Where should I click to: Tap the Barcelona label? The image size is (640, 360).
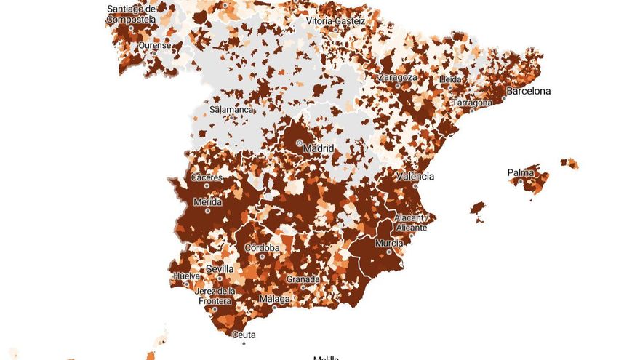(529, 92)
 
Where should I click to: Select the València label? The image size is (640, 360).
(415, 177)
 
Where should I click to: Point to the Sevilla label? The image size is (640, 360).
(220, 269)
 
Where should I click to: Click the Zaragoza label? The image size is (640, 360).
(398, 77)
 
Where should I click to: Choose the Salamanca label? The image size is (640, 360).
(231, 110)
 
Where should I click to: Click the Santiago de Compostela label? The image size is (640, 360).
(131, 15)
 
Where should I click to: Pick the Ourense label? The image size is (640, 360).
(156, 45)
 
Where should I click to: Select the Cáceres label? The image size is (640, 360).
(207, 177)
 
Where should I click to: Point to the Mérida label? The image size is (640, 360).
(207, 202)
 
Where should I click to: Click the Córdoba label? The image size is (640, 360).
(262, 248)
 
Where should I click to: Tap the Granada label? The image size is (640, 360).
(303, 279)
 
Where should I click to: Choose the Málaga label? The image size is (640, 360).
(275, 299)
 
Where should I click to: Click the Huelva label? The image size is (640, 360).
(187, 276)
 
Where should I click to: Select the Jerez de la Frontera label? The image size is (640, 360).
(216, 295)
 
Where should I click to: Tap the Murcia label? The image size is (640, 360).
(389, 244)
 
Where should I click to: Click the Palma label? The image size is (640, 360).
(521, 173)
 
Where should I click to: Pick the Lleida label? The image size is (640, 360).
(450, 79)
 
